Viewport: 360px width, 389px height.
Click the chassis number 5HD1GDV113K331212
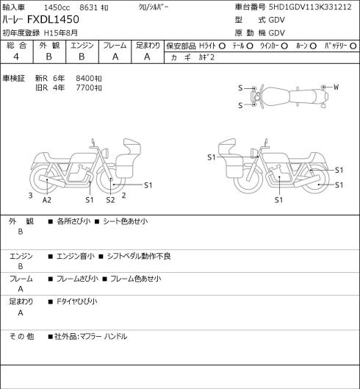[x=310, y=7]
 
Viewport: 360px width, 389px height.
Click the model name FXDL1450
[x=53, y=20]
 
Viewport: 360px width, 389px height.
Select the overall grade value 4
[x=16, y=57]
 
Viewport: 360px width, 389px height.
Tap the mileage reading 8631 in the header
[x=88, y=7]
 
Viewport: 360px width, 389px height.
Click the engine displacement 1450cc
[x=57, y=7]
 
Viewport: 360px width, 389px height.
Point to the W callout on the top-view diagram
[x=336, y=87]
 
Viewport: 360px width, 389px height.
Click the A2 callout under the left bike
[x=46, y=200]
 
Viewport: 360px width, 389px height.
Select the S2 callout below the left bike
[x=110, y=200]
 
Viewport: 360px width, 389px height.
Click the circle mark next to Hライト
[x=222, y=46]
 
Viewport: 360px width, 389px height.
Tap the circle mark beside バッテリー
[x=353, y=46]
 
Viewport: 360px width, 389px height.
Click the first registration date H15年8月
[x=61, y=33]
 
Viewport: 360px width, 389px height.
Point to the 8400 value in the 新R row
[x=85, y=79]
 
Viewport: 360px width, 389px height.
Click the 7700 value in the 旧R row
[x=85, y=88]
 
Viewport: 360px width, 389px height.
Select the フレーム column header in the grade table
[x=115, y=46]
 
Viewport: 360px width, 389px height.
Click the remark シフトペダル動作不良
[x=139, y=256]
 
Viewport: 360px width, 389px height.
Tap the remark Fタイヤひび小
[x=77, y=301]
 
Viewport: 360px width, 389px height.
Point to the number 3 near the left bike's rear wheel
[x=30, y=196]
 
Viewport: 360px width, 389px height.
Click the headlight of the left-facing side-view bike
[x=254, y=153]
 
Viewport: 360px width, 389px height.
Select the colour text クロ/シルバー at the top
[x=154, y=7]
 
